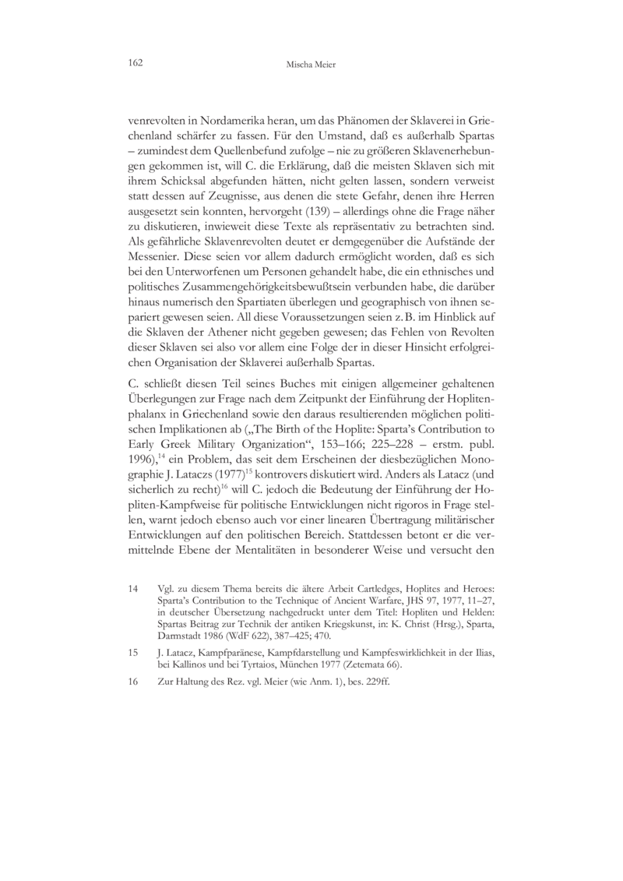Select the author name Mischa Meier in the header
click(x=311, y=63)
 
